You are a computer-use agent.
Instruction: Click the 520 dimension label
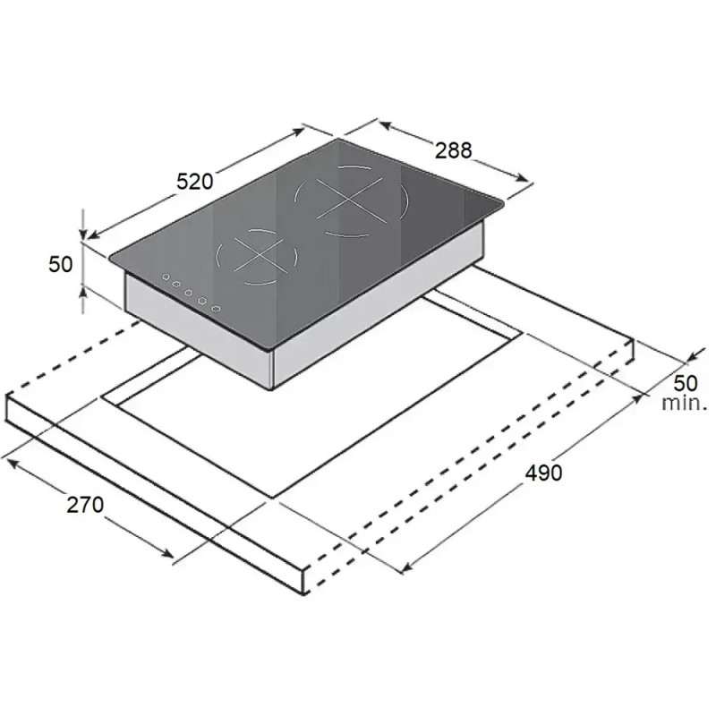coord(195,182)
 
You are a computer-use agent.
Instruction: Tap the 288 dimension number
coord(453,150)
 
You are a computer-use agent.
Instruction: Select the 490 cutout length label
coord(543,473)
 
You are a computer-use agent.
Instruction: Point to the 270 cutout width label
coord(85,505)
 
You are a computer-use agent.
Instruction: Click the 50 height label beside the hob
coord(60,265)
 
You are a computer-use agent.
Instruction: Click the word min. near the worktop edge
coord(685,404)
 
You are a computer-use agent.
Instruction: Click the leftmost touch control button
coord(166,277)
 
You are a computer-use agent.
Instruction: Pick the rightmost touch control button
coord(216,309)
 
